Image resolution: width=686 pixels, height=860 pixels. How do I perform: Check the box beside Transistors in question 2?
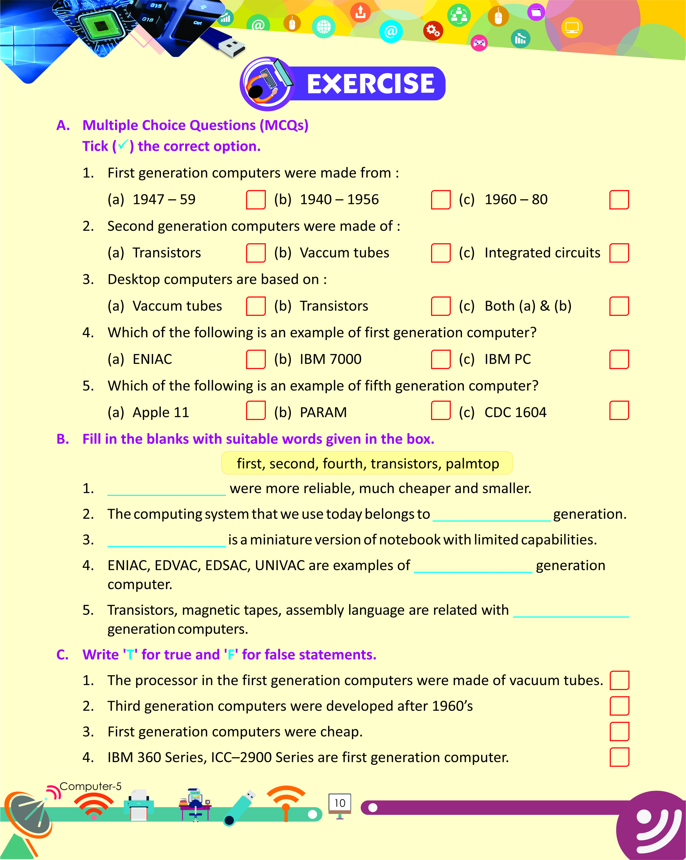pos(255,253)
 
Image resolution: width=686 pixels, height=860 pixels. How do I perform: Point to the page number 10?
pos(340,803)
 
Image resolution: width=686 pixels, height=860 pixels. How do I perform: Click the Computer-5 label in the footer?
pos(90,786)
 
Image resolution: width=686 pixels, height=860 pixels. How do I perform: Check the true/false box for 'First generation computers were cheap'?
pos(619,731)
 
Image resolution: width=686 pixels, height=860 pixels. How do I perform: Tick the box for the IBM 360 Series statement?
pos(619,757)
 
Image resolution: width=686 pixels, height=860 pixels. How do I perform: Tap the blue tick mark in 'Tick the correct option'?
pos(123,144)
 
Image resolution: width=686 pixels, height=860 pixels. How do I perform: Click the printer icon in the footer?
pos(139,805)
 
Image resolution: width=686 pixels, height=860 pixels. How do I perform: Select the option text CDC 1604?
pos(515,412)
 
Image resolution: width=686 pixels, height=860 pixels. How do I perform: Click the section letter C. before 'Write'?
pos(63,655)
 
